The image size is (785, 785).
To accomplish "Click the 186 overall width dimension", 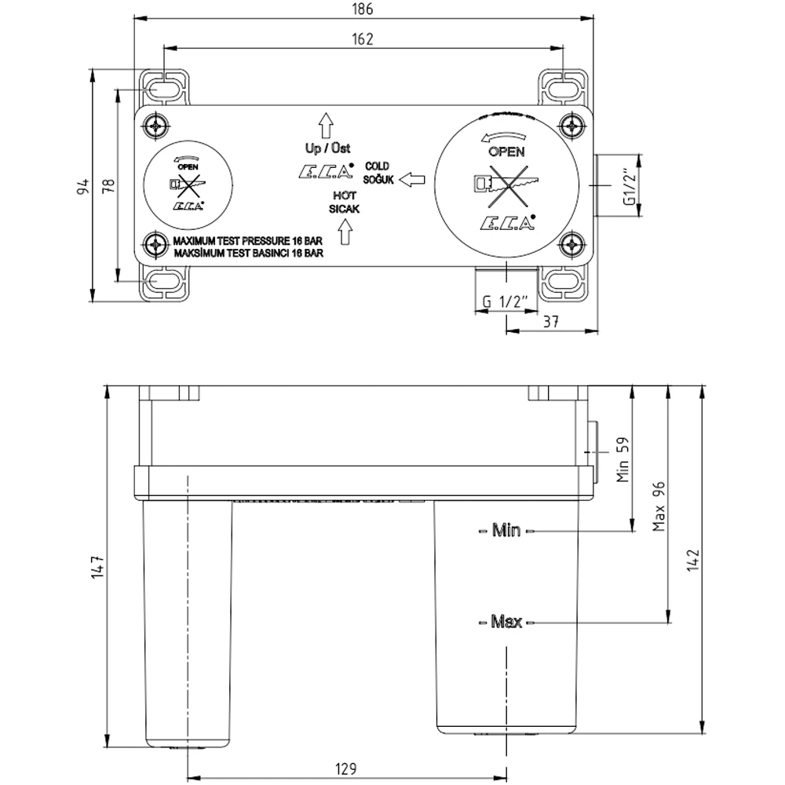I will click(363, 9).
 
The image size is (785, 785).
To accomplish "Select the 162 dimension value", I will click(363, 38).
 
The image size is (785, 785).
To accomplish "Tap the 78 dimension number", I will click(108, 186).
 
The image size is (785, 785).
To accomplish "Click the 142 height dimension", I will click(692, 559).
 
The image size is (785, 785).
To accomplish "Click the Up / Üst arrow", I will click(327, 126).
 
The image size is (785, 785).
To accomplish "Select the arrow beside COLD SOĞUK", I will click(411, 180).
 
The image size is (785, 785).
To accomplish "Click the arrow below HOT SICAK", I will click(344, 233).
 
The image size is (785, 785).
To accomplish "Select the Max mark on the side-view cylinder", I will click(506, 623).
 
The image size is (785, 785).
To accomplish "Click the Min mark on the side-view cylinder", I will click(506, 531).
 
